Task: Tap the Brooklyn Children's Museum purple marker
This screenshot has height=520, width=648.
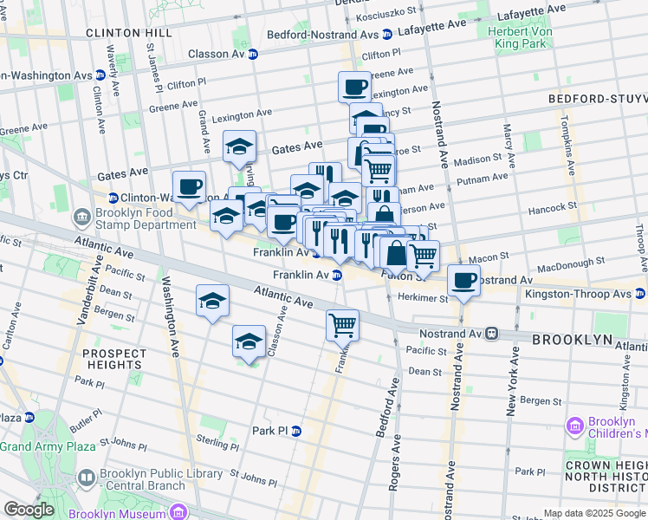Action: pyautogui.click(x=573, y=426)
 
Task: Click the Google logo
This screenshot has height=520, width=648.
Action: pyautogui.click(x=29, y=510)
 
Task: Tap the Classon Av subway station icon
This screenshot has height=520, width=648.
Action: pyautogui.click(x=253, y=54)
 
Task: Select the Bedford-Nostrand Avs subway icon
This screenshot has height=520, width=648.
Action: pyautogui.click(x=387, y=35)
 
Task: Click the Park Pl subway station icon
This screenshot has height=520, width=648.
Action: pyautogui.click(x=296, y=431)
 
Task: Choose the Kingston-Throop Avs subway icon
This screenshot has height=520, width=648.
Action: pyautogui.click(x=640, y=295)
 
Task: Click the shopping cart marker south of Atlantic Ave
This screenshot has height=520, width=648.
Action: pyautogui.click(x=343, y=326)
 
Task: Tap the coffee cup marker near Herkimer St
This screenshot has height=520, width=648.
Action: pyautogui.click(x=464, y=283)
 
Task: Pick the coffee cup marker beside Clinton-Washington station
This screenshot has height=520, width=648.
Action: pyautogui.click(x=189, y=186)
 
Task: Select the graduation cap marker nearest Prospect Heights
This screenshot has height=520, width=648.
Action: pyautogui.click(x=213, y=302)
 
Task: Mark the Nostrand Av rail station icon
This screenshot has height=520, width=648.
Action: pyautogui.click(x=490, y=333)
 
